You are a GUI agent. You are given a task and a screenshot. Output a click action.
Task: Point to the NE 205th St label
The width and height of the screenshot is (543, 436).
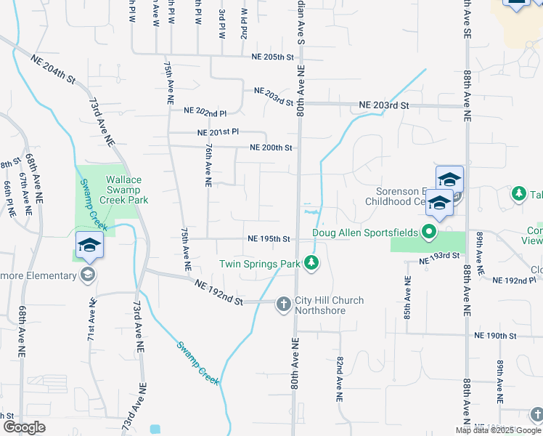[272, 56]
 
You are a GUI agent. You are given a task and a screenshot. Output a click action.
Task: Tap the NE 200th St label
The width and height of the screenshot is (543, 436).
[271, 148]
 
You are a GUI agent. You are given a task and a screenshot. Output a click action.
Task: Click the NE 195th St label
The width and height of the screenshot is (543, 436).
[269, 238]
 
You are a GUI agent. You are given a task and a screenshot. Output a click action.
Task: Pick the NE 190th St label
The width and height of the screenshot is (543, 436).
[494, 336]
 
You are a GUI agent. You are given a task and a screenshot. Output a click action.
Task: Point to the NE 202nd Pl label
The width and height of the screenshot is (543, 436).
[205, 113]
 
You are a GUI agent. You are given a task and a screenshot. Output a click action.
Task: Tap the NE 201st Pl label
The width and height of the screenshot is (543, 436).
[218, 132]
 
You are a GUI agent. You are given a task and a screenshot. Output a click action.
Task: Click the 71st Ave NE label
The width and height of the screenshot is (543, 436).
[91, 319]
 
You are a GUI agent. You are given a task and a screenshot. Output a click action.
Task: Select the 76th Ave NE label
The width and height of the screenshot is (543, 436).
[208, 166]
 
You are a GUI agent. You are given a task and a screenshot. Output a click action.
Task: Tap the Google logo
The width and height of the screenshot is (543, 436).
[24, 427]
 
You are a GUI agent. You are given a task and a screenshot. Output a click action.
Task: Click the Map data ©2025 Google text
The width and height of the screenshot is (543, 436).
[498, 430]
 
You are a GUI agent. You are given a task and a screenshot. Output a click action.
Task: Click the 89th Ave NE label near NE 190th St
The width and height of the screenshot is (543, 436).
[500, 382]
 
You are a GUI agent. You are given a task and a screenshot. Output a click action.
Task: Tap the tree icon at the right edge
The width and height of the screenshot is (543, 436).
[518, 193]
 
